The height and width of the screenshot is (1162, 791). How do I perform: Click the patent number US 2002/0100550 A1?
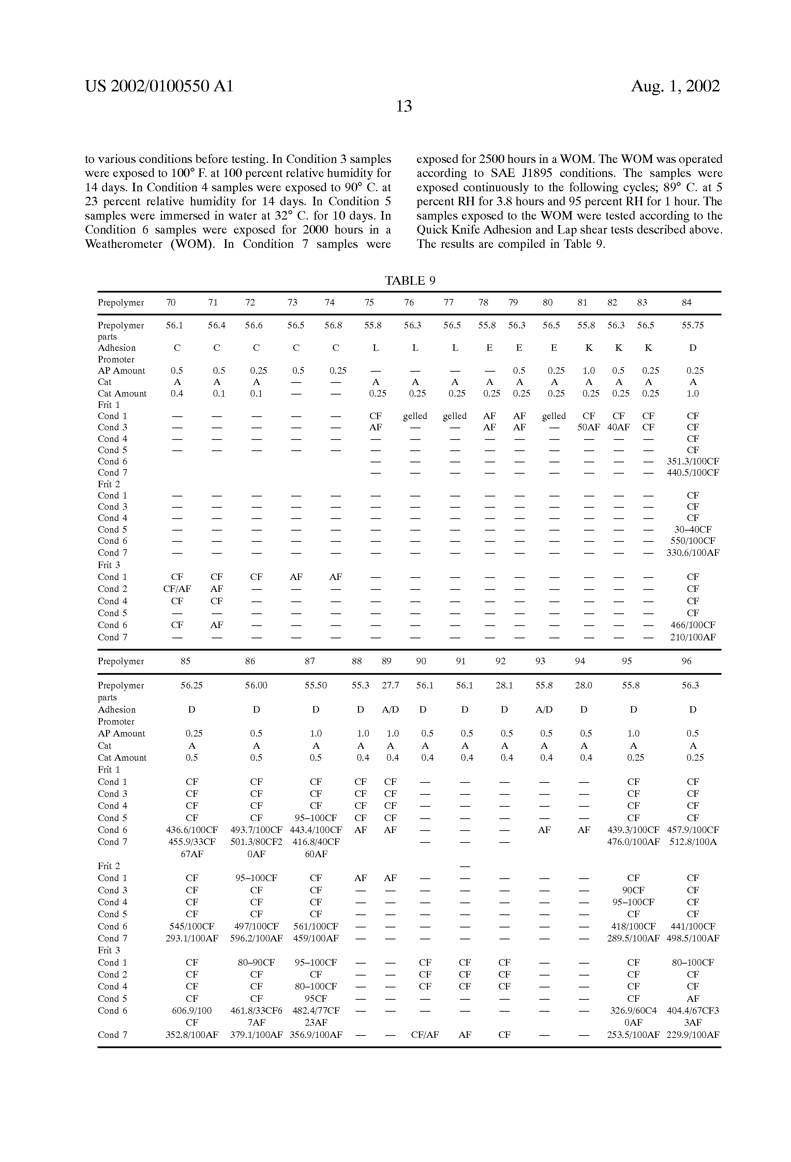click(159, 87)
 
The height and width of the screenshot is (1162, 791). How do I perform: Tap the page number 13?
click(403, 106)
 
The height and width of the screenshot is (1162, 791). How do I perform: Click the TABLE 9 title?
click(410, 281)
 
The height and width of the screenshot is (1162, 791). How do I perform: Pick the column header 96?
click(687, 661)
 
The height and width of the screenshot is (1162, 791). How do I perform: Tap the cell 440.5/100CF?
click(692, 473)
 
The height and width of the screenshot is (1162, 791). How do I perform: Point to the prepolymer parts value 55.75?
click(692, 326)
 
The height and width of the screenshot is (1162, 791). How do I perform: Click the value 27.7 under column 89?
click(390, 685)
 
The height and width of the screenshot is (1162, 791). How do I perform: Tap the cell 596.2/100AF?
click(256, 939)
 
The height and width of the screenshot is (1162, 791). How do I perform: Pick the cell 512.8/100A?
click(692, 842)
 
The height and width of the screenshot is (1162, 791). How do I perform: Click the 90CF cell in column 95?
click(633, 891)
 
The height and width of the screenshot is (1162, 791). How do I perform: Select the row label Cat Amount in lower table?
click(122, 758)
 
